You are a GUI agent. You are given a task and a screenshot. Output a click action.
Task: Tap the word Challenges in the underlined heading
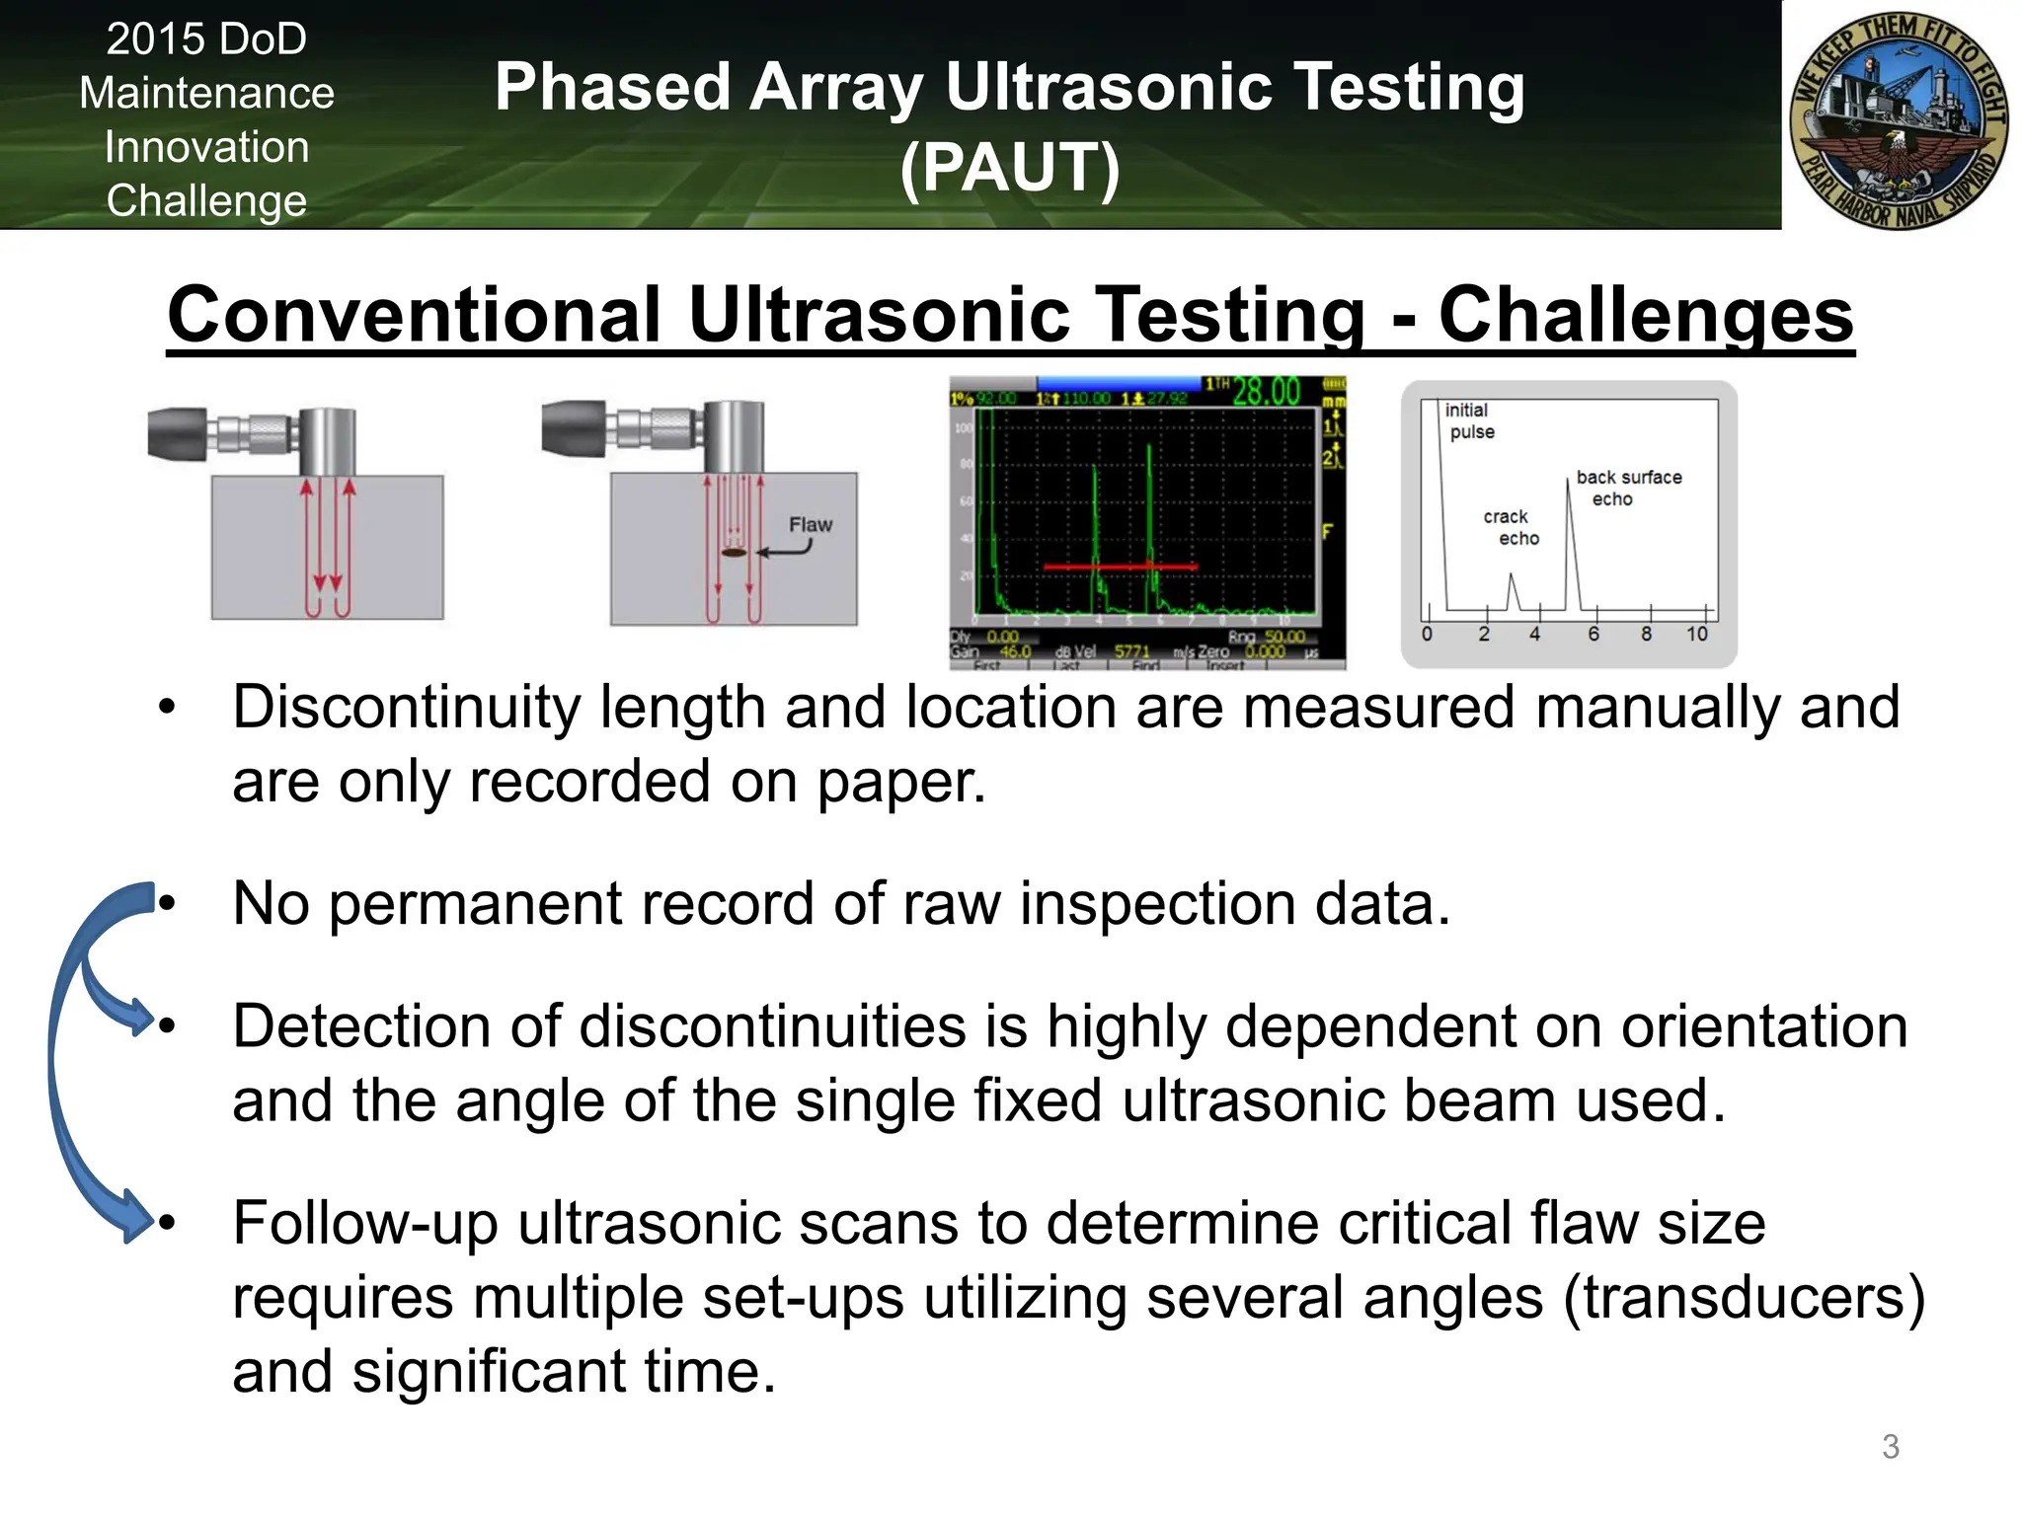pyautogui.click(x=1645, y=315)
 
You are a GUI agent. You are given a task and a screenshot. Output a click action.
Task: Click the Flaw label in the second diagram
pyautogui.click(x=810, y=525)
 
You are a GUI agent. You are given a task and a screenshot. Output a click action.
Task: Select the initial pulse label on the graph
pyautogui.click(x=1469, y=420)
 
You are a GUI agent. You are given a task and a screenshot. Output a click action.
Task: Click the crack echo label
pyautogui.click(x=1510, y=527)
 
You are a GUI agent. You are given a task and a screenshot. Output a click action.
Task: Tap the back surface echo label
pyautogui.click(x=1627, y=488)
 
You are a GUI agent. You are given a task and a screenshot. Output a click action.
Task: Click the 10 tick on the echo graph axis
pyautogui.click(x=1696, y=635)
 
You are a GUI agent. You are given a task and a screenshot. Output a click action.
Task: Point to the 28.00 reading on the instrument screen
pyautogui.click(x=1266, y=392)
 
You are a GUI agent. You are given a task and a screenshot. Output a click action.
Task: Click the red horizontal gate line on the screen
pyautogui.click(x=1121, y=567)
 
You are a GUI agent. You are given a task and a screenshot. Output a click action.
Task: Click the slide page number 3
pyautogui.click(x=1890, y=1446)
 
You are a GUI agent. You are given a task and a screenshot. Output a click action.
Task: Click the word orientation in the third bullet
pyautogui.click(x=1763, y=1026)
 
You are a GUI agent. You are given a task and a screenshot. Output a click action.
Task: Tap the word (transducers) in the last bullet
pyautogui.click(x=1744, y=1297)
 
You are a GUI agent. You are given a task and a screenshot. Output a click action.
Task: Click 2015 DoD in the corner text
pyautogui.click(x=206, y=39)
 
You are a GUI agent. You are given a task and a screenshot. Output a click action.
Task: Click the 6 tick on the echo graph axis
pyautogui.click(x=1593, y=635)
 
